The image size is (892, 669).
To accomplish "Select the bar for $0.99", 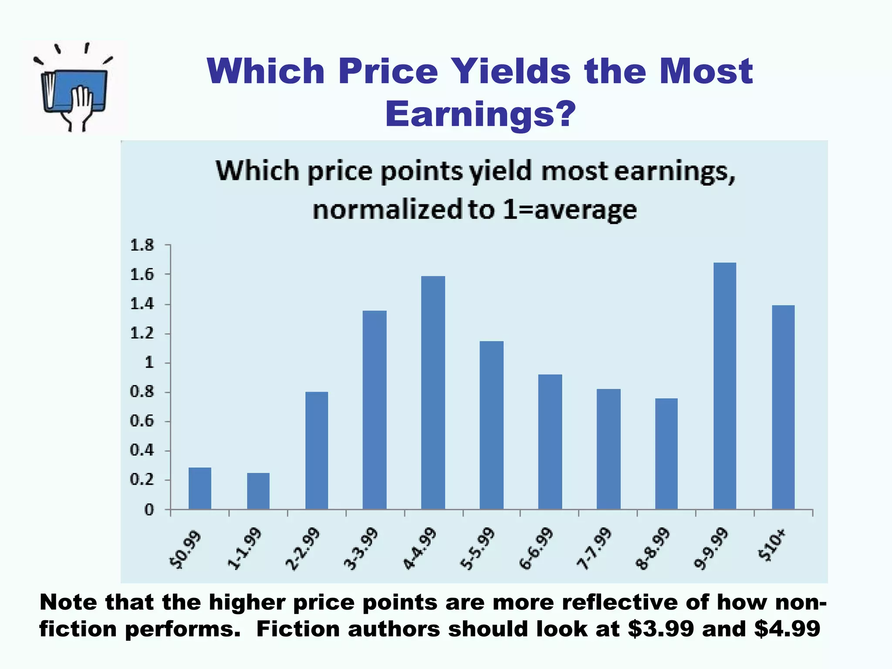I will [x=200, y=488].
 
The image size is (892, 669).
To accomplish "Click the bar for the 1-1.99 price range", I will [x=258, y=491].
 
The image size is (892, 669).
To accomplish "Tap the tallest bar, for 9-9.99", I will [x=725, y=385].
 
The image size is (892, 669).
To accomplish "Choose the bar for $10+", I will [x=783, y=407].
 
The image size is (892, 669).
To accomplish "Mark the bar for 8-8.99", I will [x=666, y=453].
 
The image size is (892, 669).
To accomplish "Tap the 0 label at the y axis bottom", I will [x=149, y=510].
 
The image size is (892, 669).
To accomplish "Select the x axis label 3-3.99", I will [x=361, y=550].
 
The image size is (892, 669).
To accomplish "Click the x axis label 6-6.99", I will [x=536, y=550].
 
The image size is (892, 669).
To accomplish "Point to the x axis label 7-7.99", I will [x=595, y=550].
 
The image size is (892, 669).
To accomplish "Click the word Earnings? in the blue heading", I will [x=480, y=114].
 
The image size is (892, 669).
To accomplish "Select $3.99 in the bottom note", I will [x=661, y=629].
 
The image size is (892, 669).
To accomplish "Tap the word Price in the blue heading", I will [x=388, y=71].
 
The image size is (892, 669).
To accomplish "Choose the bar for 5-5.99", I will [x=491, y=425].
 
